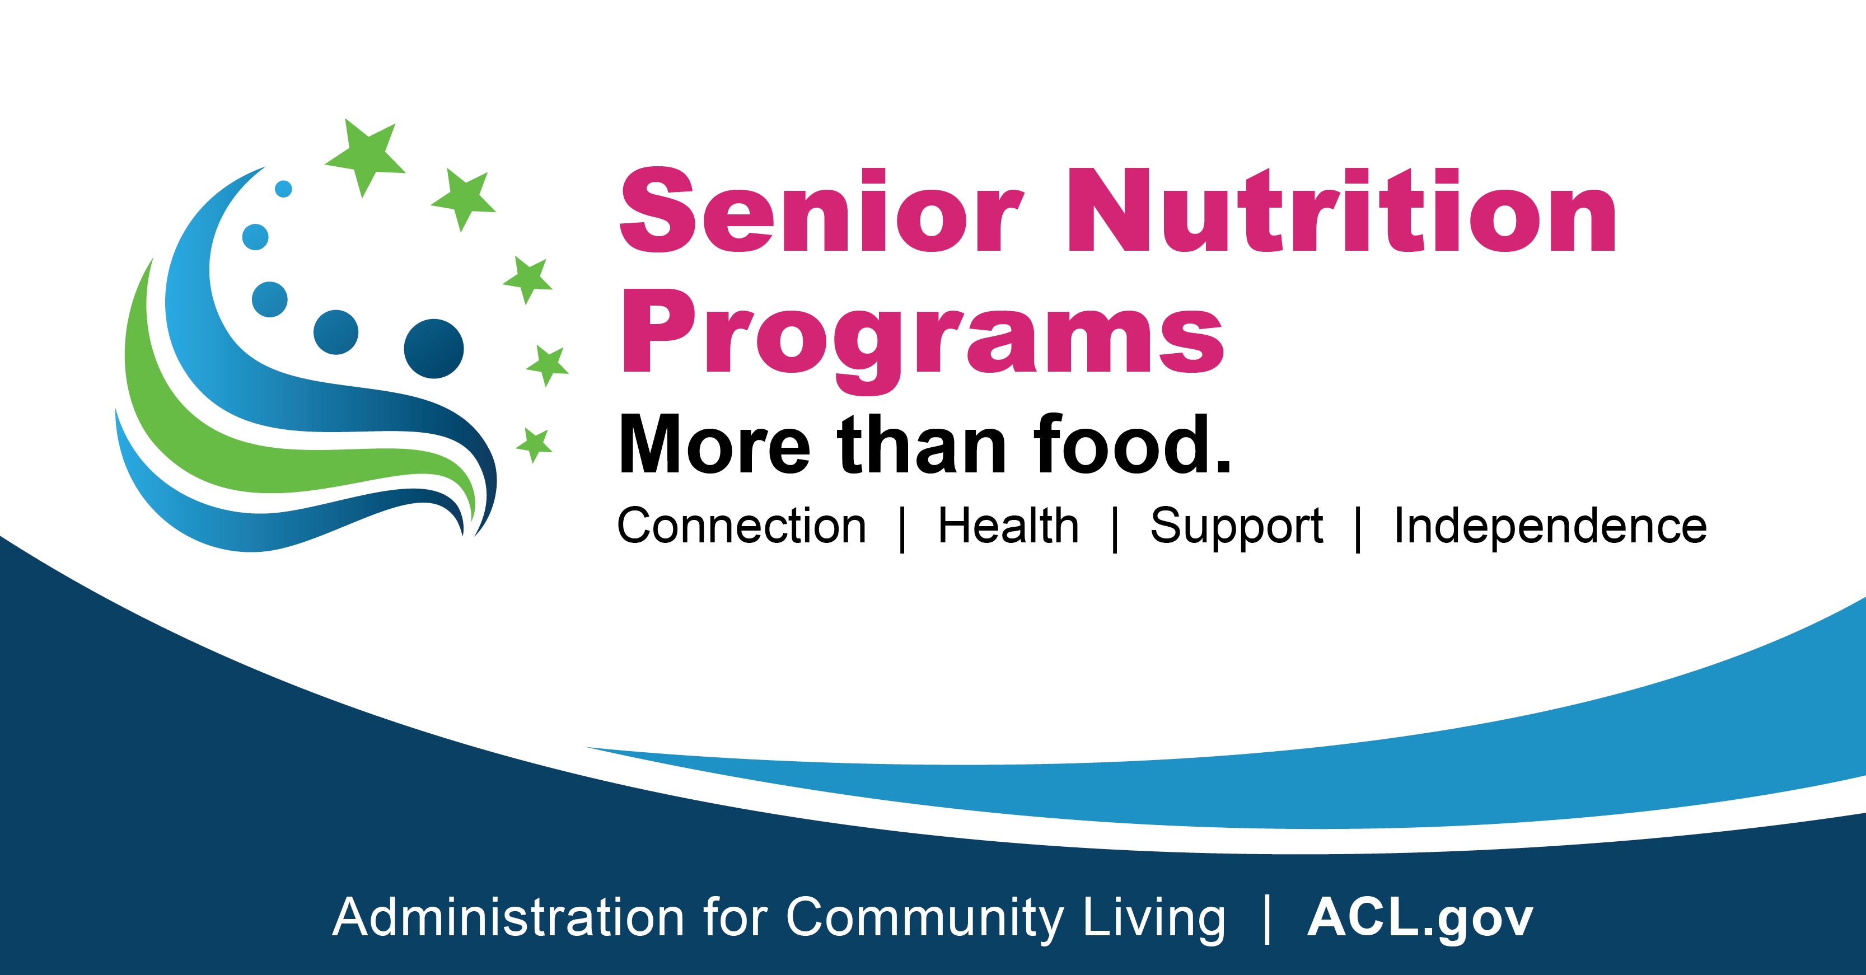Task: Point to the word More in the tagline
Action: click(x=714, y=446)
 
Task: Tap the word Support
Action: click(x=1237, y=527)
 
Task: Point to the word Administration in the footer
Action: click(x=508, y=917)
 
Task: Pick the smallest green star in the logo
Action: click(x=535, y=444)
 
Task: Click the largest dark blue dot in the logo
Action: click(x=434, y=349)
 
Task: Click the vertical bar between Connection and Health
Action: click(x=902, y=529)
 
